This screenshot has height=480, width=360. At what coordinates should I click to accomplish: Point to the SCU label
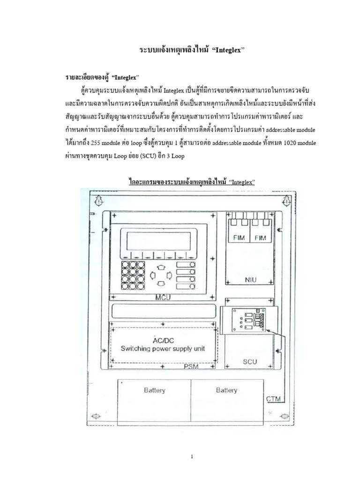[x=250, y=362]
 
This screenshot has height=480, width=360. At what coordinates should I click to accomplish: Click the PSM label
[x=191, y=367]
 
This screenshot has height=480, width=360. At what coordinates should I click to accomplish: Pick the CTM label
[x=274, y=399]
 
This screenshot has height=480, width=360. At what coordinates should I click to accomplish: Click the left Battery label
[x=155, y=390]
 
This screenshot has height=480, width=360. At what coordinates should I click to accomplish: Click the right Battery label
[x=226, y=390]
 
